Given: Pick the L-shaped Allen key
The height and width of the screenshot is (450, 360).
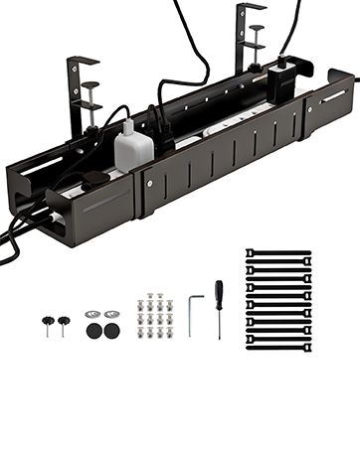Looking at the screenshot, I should pos(194,311).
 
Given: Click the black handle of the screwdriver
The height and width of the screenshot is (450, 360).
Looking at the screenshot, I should pos(219,294).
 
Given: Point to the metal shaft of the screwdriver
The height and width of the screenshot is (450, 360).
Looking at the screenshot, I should pos(219,322).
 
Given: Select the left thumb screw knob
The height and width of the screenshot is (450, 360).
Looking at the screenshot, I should pos(47,323).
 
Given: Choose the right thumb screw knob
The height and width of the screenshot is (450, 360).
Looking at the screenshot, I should pos(64,323).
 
